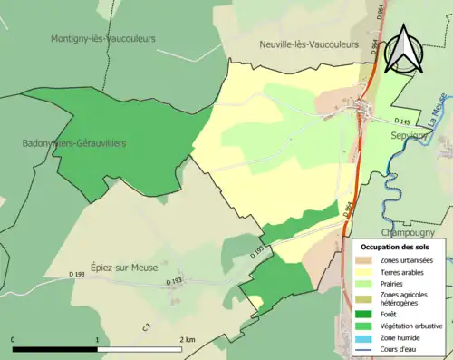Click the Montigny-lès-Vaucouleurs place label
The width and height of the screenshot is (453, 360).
coord(103,38)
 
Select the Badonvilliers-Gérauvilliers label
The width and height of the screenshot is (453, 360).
coord(75,143)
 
